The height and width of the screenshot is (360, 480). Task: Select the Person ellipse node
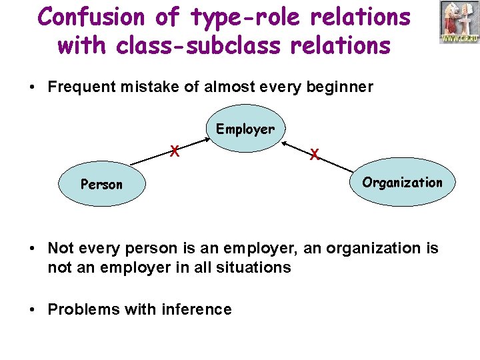click(101, 184)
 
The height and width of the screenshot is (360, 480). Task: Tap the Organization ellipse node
click(402, 182)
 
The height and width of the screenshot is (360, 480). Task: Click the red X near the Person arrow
click(174, 151)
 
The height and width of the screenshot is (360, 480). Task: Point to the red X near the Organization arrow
click(314, 155)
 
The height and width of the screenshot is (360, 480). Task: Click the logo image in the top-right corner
click(459, 23)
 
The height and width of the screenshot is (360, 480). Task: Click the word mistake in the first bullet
click(143, 87)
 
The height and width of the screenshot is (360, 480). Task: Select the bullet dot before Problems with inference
click(33, 310)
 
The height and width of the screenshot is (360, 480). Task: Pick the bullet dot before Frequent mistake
click(33, 88)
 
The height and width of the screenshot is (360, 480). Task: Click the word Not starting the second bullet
click(59, 248)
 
